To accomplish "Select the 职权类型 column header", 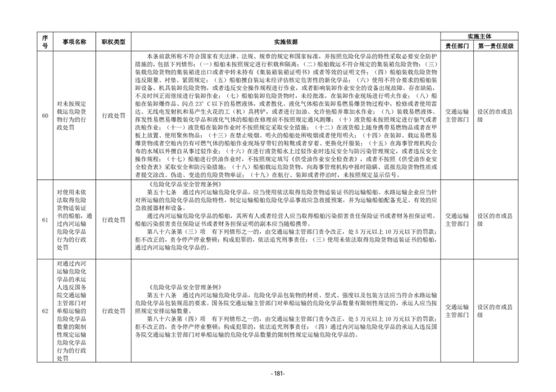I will (113, 42).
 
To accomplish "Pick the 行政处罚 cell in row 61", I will (113, 219).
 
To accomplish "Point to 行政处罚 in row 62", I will (113, 311).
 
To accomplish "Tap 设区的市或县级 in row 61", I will (495, 219).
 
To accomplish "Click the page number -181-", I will (277, 373).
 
